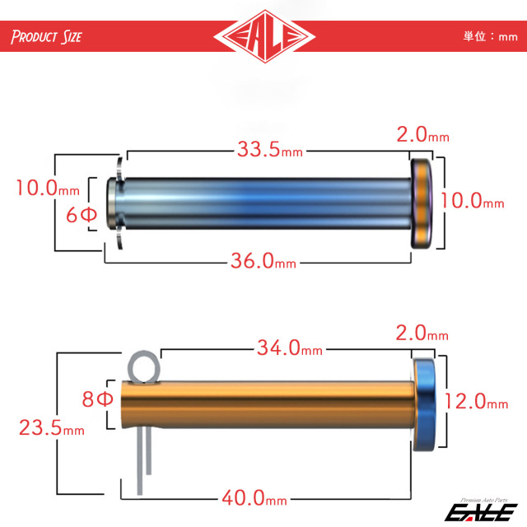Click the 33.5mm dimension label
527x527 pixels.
(x=270, y=149)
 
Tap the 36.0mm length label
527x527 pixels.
(x=263, y=261)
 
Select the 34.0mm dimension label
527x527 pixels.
(x=290, y=347)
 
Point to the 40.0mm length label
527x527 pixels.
(x=254, y=497)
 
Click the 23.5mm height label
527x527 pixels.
(x=52, y=428)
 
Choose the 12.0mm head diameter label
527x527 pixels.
(x=476, y=401)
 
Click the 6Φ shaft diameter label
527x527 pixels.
(x=82, y=215)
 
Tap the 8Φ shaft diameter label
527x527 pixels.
(x=97, y=399)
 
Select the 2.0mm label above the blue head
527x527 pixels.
(x=422, y=333)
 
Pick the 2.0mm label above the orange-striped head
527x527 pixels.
(x=422, y=134)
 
